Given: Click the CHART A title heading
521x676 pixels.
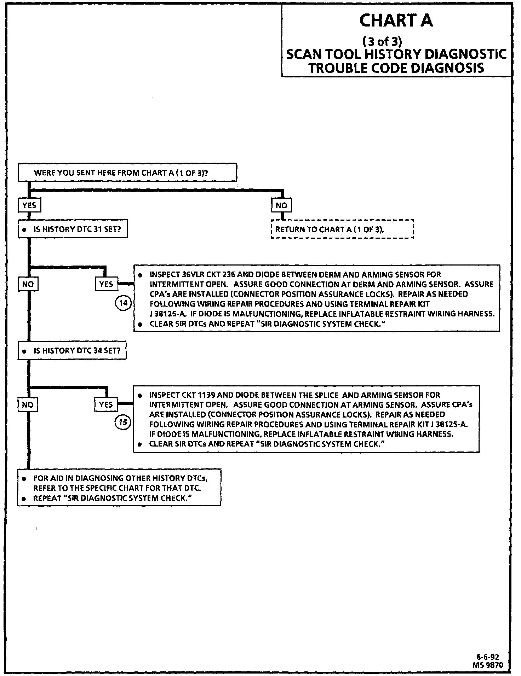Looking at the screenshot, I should tap(396, 21).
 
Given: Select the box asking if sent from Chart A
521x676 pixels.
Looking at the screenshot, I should tap(127, 173).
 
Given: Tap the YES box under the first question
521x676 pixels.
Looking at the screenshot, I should tap(29, 205).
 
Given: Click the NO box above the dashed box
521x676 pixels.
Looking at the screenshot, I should tap(281, 205).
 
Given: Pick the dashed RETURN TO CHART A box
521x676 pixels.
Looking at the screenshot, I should tap(342, 229).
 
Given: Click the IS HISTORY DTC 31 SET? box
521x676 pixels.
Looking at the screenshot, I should tap(73, 229).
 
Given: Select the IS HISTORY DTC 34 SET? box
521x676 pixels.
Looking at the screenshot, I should tap(72, 350).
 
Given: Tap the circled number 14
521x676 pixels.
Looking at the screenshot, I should tap(123, 303).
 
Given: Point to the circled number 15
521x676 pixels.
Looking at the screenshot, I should tap(123, 422).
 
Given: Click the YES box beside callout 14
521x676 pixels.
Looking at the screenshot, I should tap(106, 284).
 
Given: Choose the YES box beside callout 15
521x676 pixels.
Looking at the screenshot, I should tap(106, 404).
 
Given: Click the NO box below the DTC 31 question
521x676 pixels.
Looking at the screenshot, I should tap(28, 284).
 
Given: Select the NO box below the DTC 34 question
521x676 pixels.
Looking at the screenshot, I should tap(28, 404).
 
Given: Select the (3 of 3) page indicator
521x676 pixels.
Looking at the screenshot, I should tap(382, 42).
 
